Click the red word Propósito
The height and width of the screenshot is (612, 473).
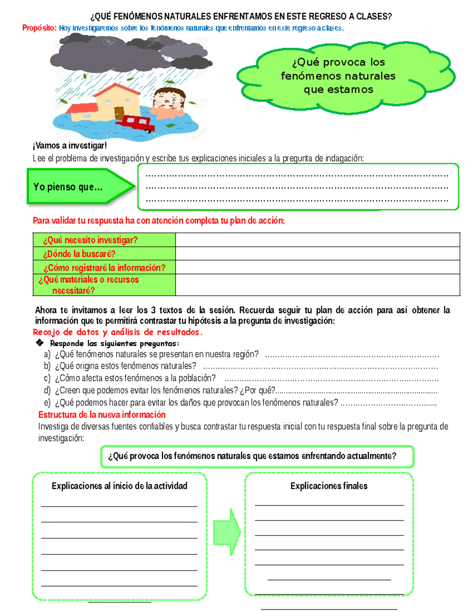point(39,28)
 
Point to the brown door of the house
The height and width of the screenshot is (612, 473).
point(119,113)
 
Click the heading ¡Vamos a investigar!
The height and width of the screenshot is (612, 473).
point(70,145)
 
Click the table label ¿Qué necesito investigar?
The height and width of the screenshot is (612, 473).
point(90,240)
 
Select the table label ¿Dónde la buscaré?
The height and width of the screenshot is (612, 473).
point(79,254)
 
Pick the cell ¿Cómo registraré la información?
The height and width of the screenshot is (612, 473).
point(104,268)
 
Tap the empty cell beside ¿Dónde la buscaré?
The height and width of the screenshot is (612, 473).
point(317,253)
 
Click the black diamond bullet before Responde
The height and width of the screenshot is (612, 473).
point(40,343)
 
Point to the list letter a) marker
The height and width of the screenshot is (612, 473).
point(47,354)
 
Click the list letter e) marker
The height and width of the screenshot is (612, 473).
point(47,403)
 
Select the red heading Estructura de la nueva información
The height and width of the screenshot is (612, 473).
point(102,415)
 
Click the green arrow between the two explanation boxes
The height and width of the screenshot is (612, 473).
point(227,532)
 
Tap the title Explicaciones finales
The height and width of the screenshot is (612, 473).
point(329,486)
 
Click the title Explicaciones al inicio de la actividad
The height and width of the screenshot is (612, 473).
point(119,486)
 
